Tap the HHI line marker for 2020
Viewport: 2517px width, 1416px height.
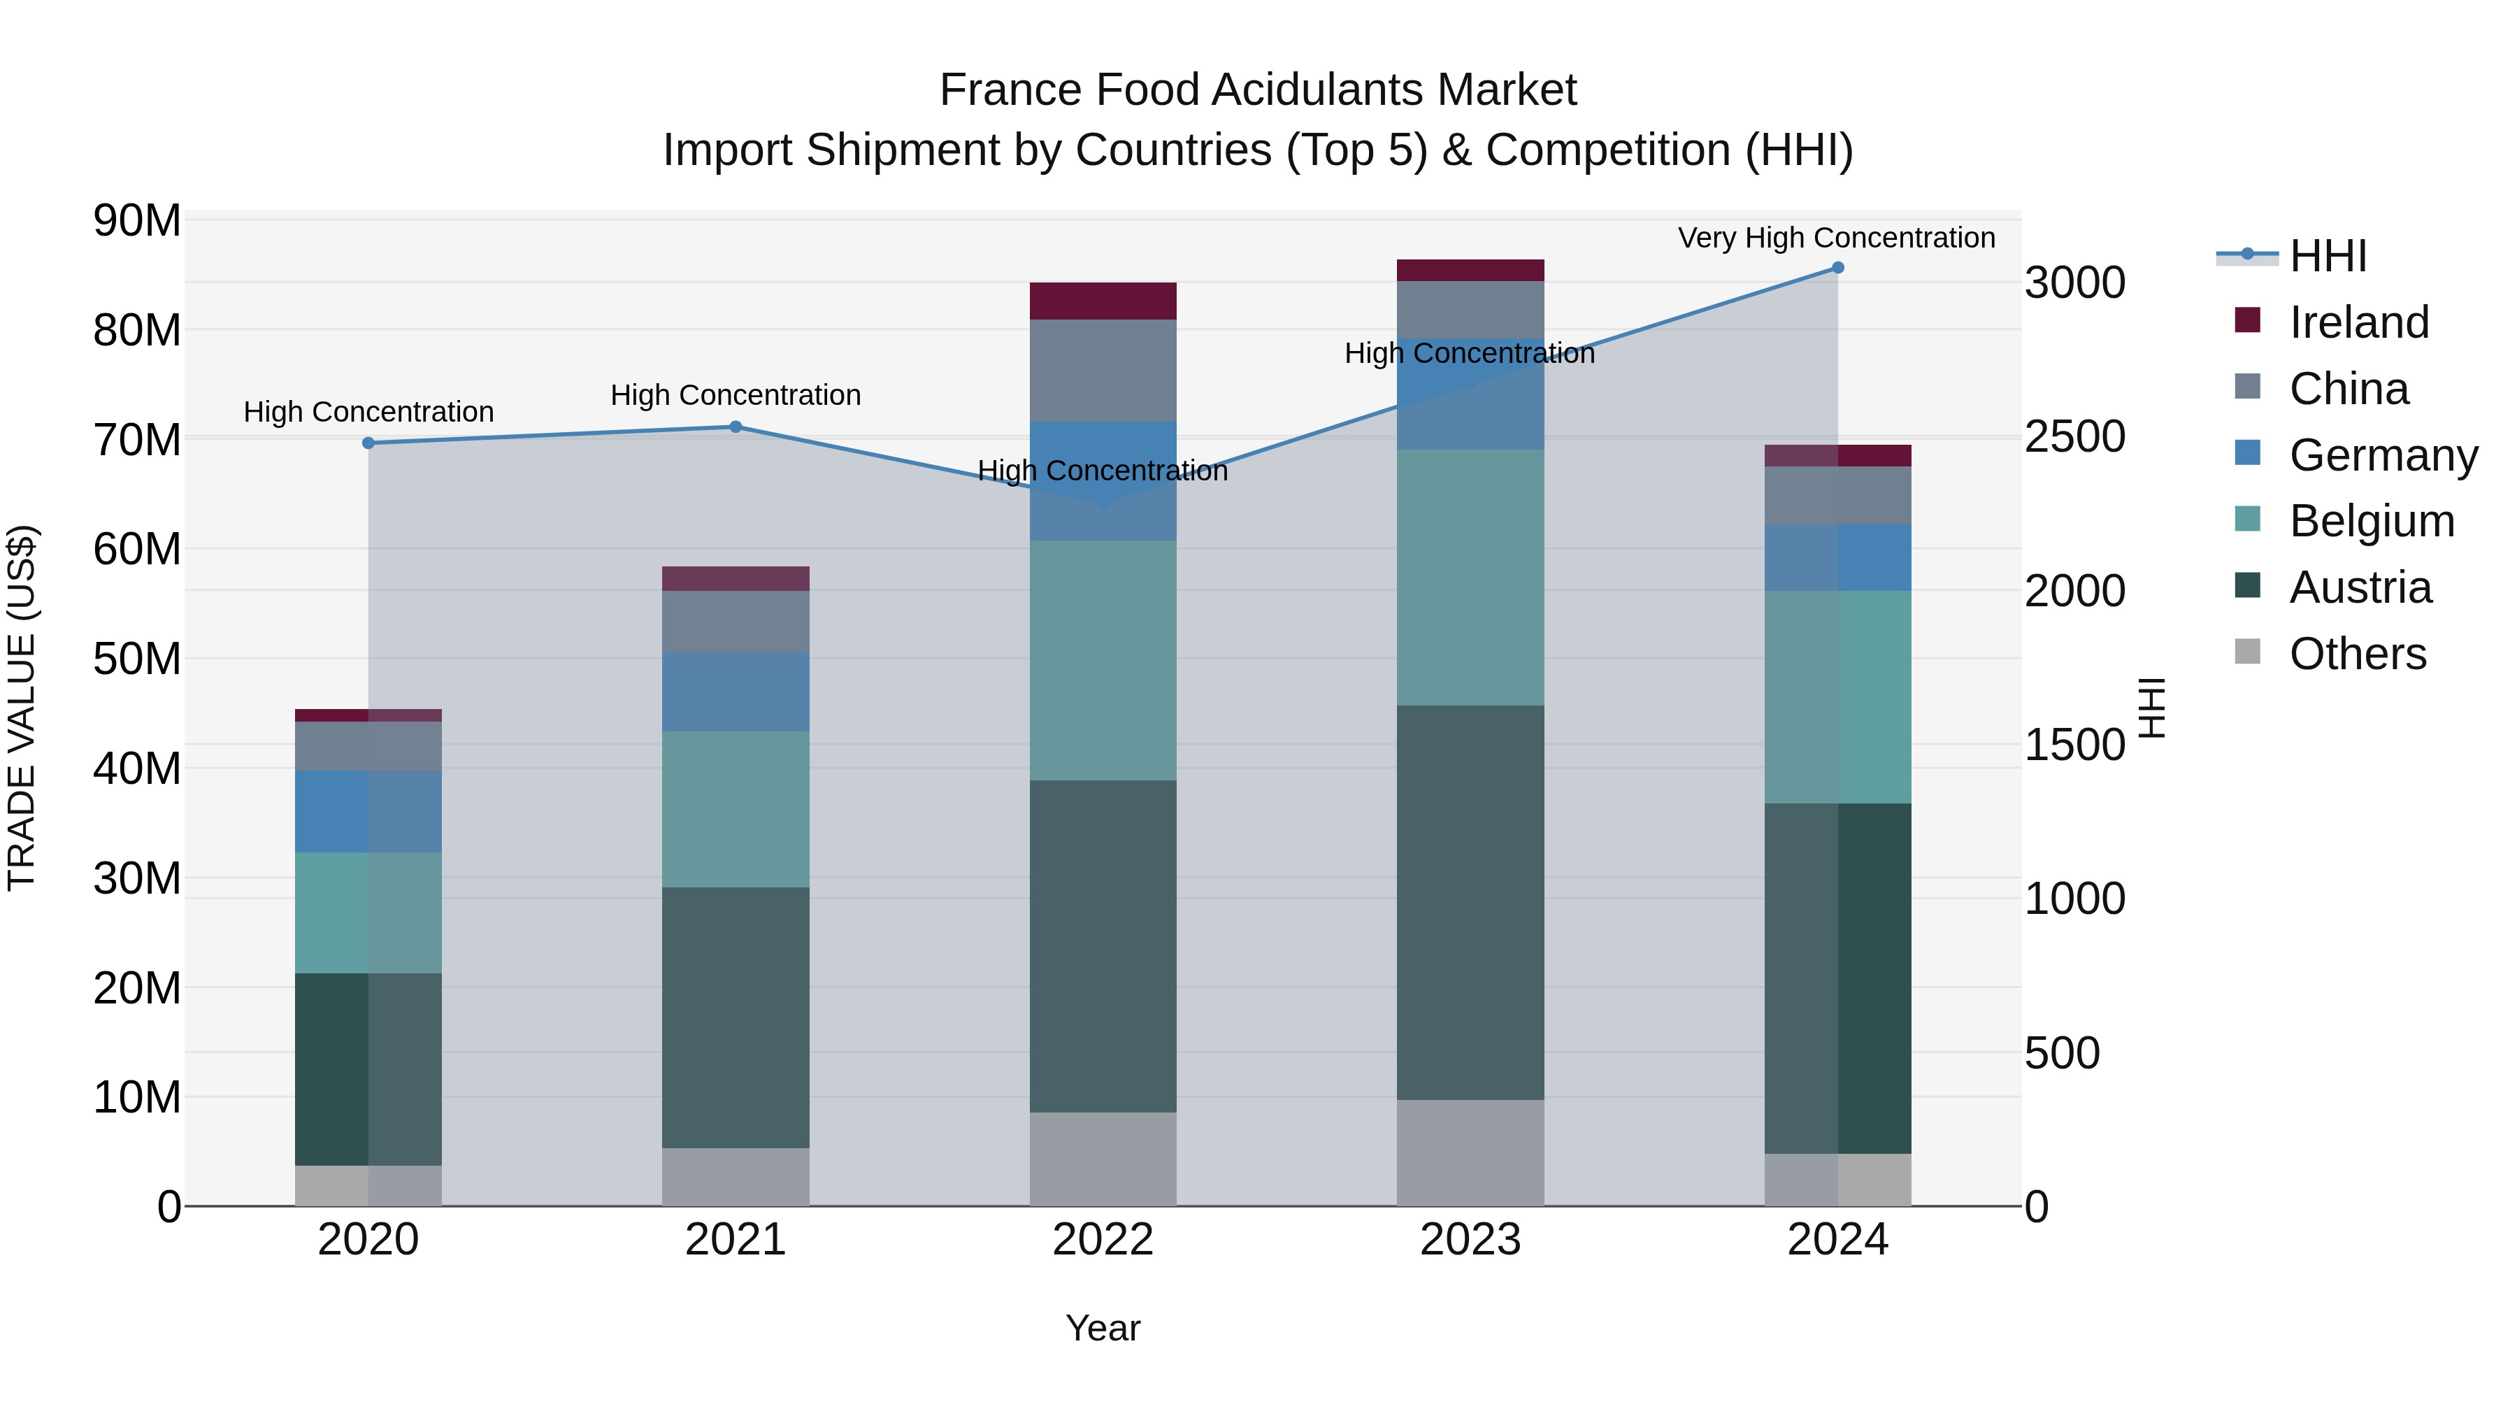pos(368,443)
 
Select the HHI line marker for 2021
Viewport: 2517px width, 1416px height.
pos(736,427)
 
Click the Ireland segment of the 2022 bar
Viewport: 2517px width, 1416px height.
pos(1103,301)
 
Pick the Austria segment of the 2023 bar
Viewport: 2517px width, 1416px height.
pos(1470,902)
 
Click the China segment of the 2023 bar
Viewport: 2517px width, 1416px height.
pos(1470,310)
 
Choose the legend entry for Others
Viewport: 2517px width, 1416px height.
pos(2357,654)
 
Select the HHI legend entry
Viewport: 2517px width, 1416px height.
pos(2328,256)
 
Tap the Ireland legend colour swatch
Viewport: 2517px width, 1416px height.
pos(2247,320)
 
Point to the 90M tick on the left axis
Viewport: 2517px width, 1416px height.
pos(137,221)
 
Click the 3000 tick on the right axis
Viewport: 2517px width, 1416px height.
pos(2074,283)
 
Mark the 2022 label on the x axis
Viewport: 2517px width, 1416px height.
pos(1103,1240)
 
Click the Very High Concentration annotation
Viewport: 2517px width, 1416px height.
pos(1836,238)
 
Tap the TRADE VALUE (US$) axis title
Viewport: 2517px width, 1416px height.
pos(22,708)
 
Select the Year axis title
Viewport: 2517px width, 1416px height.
pos(1103,1328)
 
